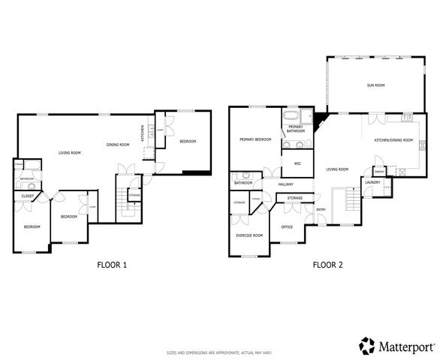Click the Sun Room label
(375, 85)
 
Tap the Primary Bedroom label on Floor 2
(255, 139)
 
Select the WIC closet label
(297, 163)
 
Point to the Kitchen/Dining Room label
(393, 140)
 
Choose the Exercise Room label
(249, 235)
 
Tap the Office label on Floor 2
(287, 226)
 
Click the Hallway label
(286, 184)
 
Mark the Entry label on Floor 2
(321, 209)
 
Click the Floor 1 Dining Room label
(118, 145)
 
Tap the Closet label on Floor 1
(27, 196)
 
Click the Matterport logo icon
(367, 346)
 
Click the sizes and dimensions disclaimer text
(219, 352)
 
